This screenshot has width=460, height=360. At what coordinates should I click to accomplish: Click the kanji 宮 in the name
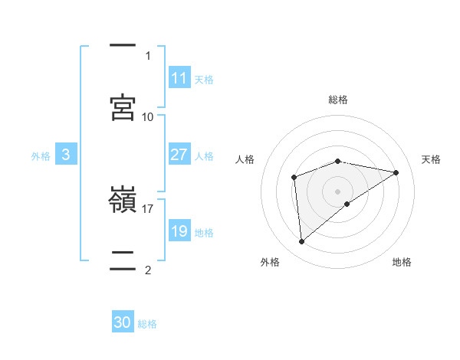(123, 106)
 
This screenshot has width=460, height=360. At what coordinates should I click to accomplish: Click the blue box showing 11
(179, 78)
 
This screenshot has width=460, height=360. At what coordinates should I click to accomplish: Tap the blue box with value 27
(179, 155)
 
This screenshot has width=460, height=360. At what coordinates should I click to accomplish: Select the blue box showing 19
(179, 231)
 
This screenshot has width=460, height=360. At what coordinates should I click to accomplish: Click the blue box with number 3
(66, 155)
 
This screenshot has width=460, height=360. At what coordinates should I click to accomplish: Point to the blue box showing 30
(123, 323)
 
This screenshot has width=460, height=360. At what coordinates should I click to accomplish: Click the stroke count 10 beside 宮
(148, 116)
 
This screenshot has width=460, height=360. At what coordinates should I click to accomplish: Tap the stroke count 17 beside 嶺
(148, 208)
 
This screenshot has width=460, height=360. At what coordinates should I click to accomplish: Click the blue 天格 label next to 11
(204, 79)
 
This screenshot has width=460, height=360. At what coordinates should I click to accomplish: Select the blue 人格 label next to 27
(204, 155)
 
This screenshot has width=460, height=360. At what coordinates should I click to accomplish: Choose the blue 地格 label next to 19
(204, 232)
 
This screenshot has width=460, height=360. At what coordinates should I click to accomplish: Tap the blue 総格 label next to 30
(147, 324)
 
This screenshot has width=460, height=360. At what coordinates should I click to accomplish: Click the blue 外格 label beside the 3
(41, 155)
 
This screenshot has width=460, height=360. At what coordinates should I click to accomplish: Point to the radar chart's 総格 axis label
(337, 100)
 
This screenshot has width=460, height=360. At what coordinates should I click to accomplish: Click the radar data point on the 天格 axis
(396, 172)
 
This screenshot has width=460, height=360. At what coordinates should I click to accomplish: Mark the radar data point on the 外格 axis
(302, 242)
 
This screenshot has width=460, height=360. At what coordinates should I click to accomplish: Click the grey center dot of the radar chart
(337, 191)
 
